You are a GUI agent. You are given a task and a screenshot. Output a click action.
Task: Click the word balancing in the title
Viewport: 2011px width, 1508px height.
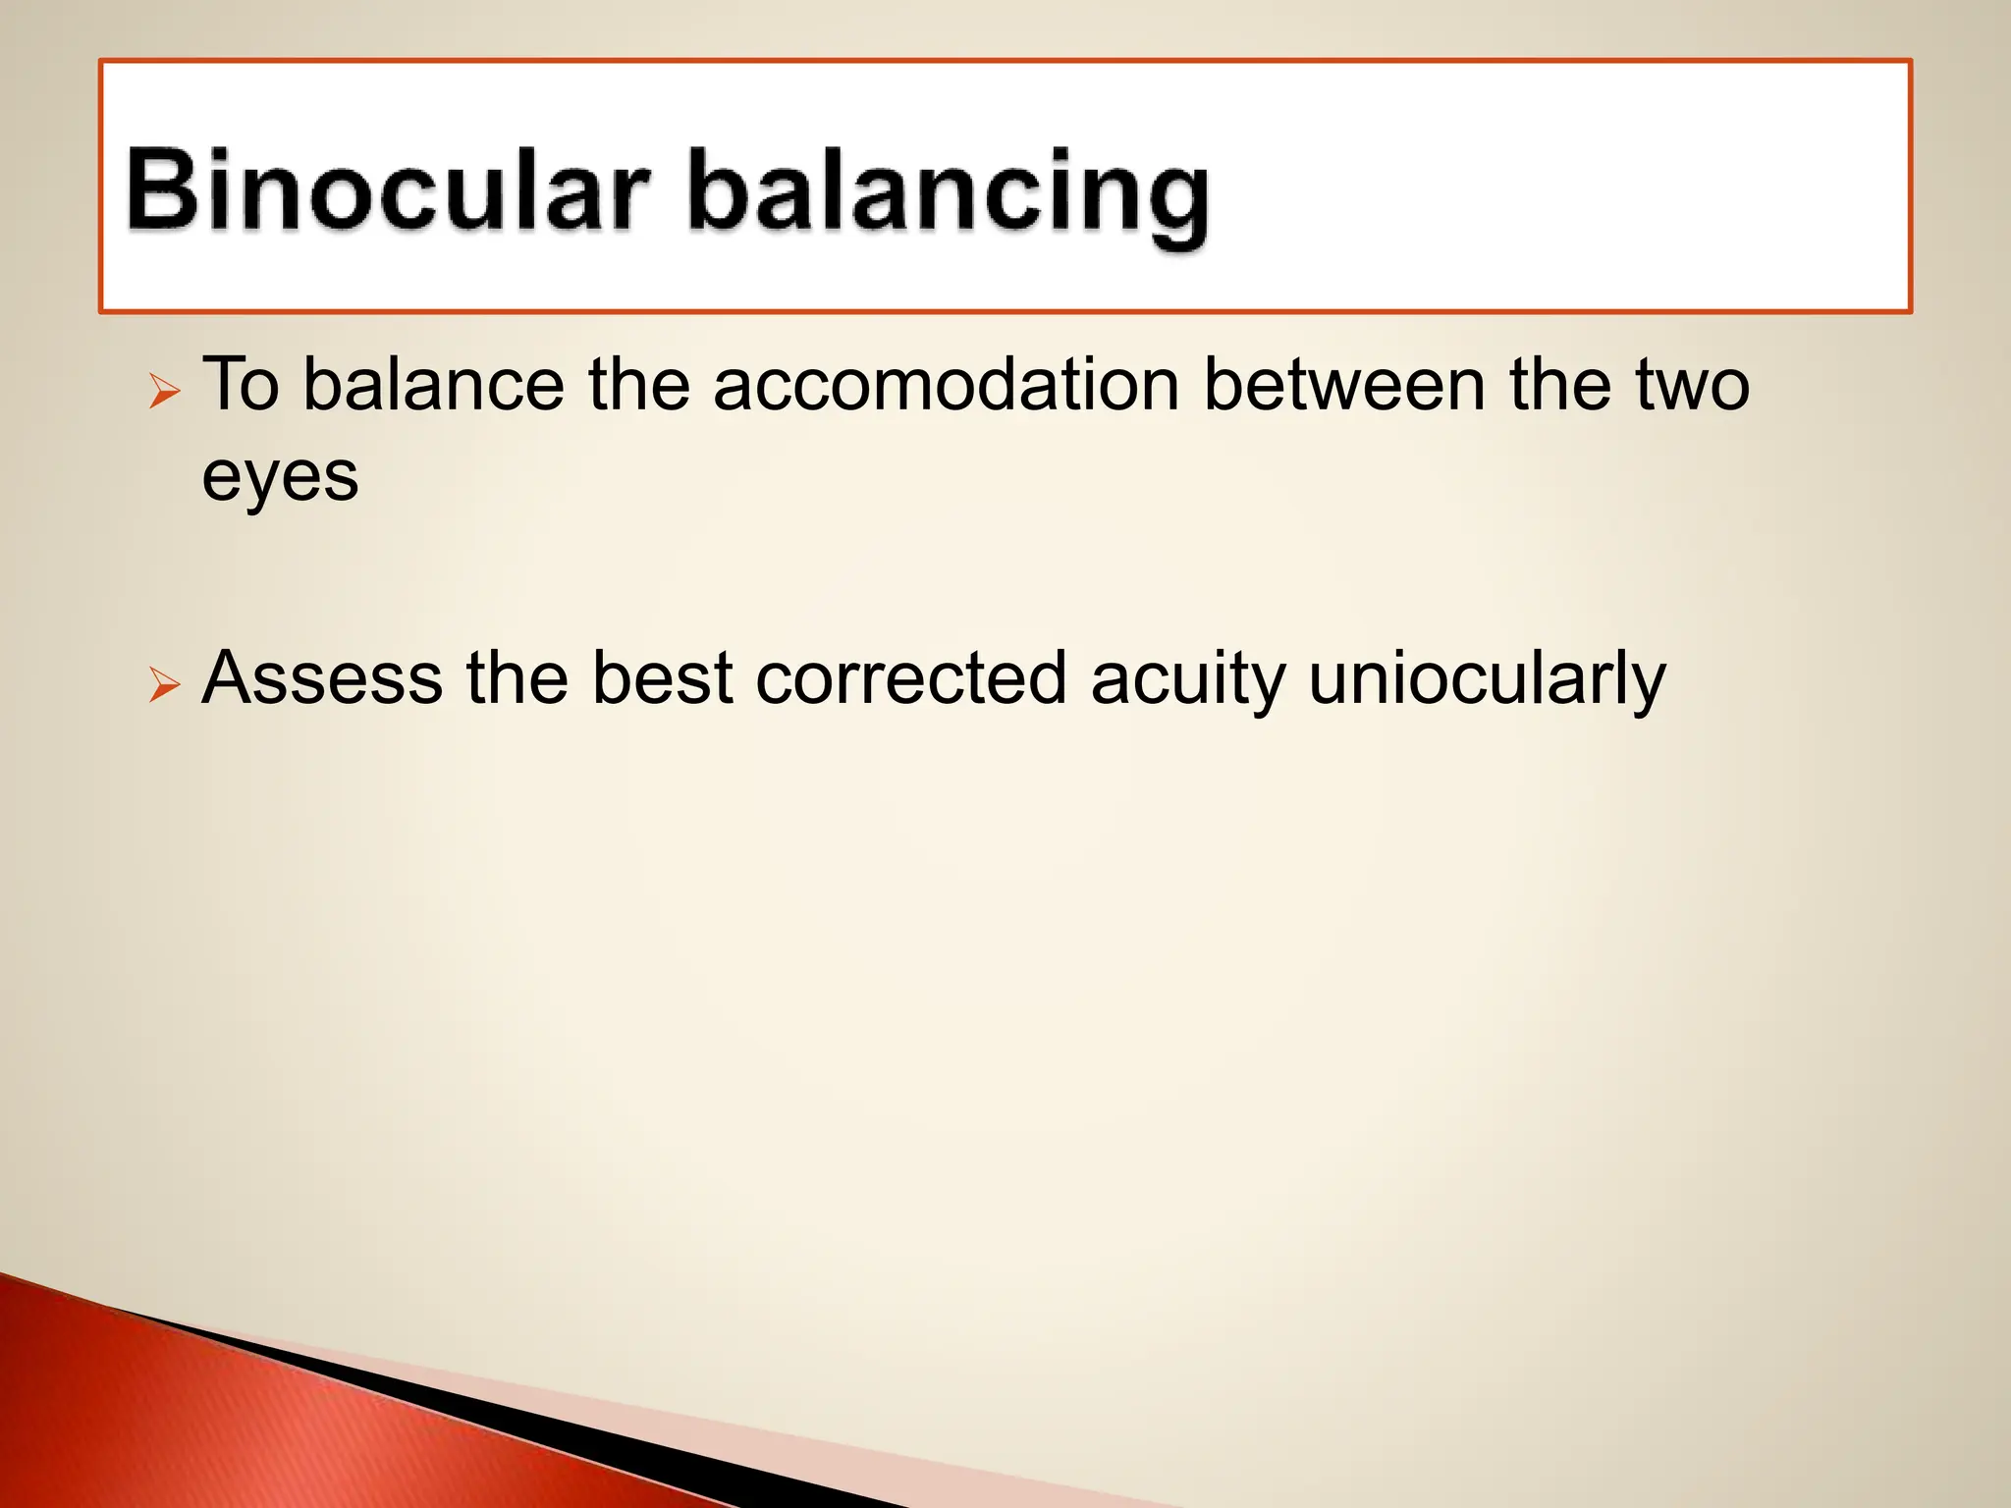pyautogui.click(x=949, y=193)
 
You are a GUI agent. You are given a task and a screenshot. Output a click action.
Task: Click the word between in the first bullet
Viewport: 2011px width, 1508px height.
pyautogui.click(x=1343, y=384)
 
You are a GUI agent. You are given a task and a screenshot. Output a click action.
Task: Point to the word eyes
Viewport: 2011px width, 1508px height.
pyautogui.click(x=280, y=478)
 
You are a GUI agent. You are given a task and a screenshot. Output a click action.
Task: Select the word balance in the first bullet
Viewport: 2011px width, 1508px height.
pyautogui.click(x=433, y=384)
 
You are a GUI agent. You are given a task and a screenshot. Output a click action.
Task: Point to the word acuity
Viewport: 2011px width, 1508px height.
pyautogui.click(x=1187, y=679)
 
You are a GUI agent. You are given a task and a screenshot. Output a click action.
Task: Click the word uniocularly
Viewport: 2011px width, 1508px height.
pyautogui.click(x=1487, y=679)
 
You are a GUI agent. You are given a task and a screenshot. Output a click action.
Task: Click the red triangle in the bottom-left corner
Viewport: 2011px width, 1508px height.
pyautogui.click(x=245, y=1424)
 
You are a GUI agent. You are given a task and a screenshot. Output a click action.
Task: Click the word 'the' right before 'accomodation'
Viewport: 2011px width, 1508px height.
pyautogui.click(x=638, y=384)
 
